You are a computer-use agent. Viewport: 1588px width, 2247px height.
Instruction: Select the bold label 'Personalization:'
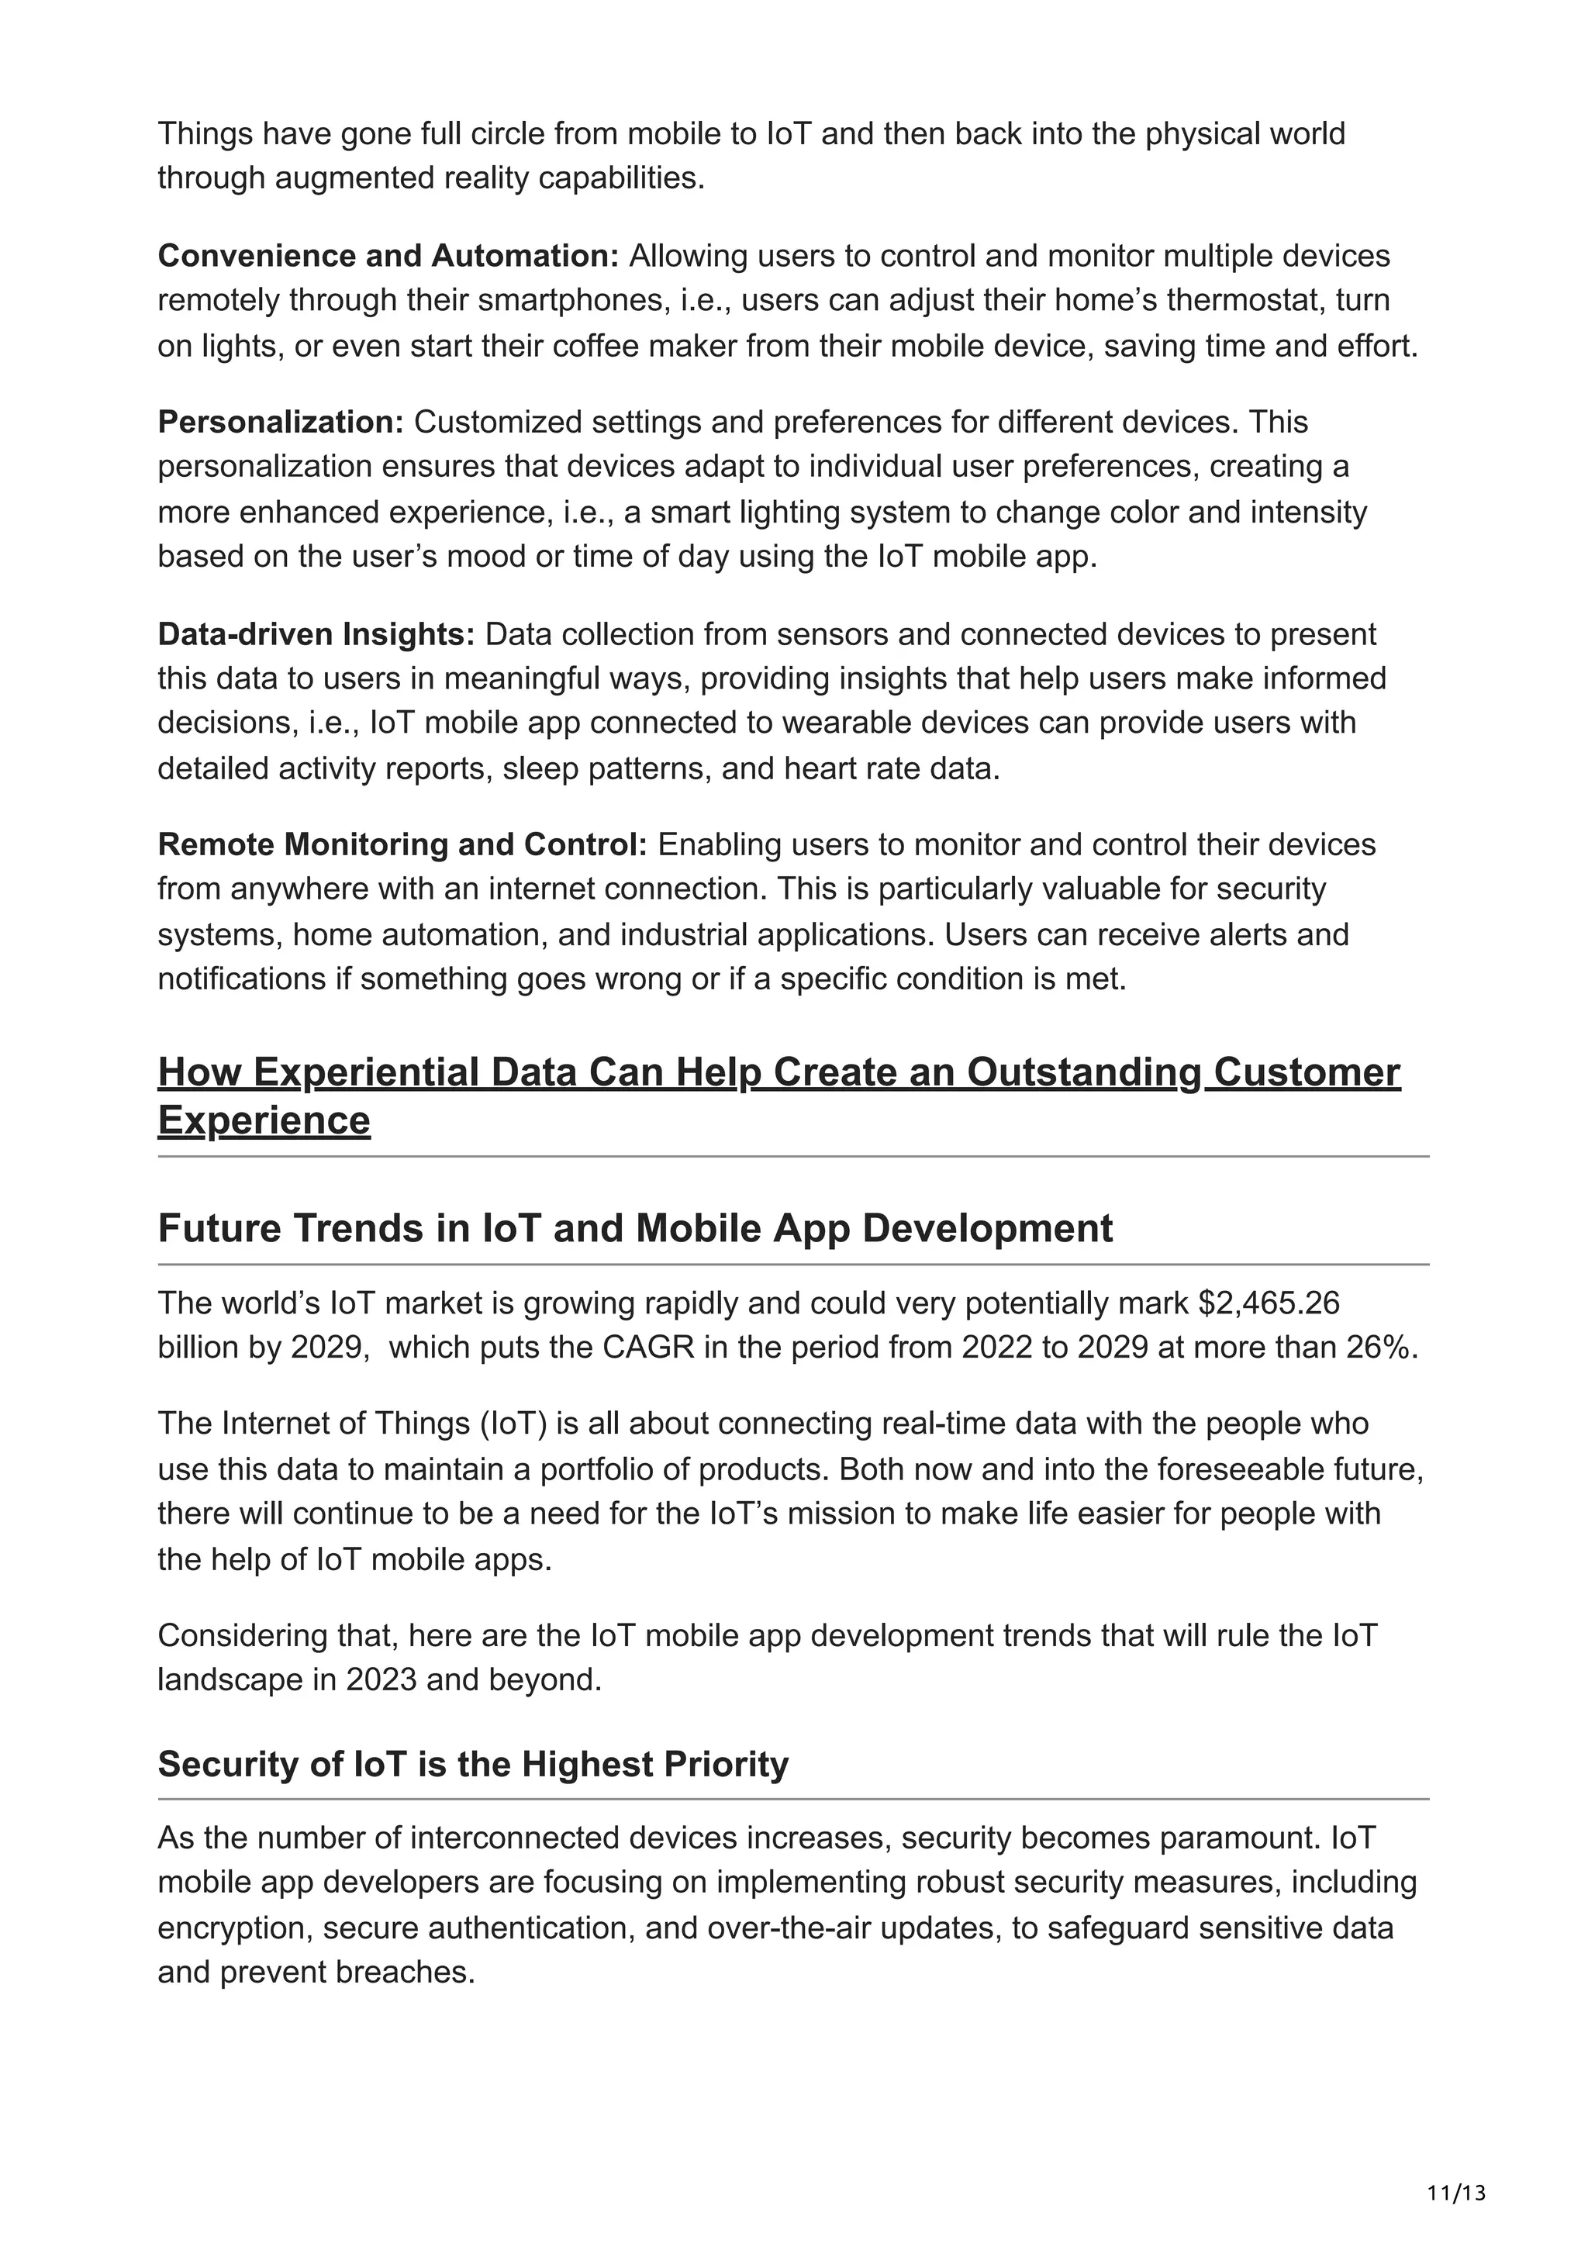click(281, 422)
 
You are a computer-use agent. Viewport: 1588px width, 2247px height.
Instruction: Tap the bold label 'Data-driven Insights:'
click(316, 634)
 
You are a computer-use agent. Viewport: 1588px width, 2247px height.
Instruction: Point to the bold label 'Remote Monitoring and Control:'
click(402, 844)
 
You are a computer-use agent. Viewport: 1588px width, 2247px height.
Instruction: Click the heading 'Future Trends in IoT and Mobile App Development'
click(635, 1228)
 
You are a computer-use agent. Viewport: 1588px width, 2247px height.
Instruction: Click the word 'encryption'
click(234, 1928)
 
